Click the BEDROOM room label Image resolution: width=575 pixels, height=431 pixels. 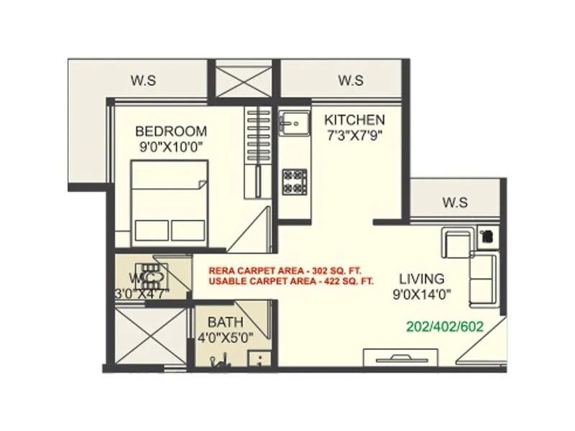(x=171, y=131)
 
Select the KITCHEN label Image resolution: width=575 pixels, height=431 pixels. (x=354, y=119)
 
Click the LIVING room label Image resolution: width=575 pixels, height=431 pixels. (x=422, y=278)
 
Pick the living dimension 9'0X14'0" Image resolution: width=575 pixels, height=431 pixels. (x=422, y=294)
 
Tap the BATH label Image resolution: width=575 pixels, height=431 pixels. (x=226, y=322)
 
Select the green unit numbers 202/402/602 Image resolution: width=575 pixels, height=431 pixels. (x=445, y=326)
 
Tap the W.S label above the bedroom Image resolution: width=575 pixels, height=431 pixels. (x=143, y=80)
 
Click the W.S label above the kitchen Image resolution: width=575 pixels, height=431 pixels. (x=350, y=80)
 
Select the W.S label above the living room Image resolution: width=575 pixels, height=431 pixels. (x=455, y=203)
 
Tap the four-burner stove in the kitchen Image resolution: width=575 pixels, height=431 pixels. (x=293, y=181)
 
